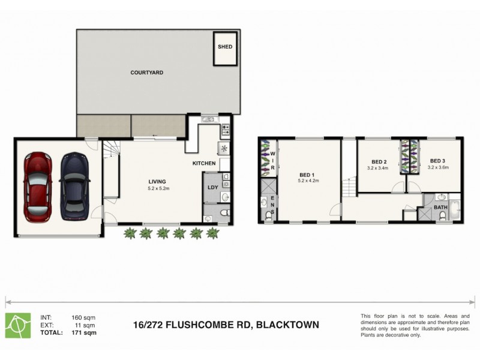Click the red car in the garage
pos(37,187)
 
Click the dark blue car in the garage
pos(74,185)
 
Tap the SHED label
pos(225,46)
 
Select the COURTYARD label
pos(147,73)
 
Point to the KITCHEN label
pos(204,163)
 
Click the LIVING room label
pos(158,182)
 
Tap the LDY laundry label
pos(212,187)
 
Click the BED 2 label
pos(378,161)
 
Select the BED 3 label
pos(438,161)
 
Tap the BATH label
pos(441,208)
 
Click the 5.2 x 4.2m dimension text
pos(309,181)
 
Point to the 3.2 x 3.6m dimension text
pos(438,168)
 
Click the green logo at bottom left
pos(18,325)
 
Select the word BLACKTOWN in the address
pos(287,325)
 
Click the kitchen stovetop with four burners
pos(226,128)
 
